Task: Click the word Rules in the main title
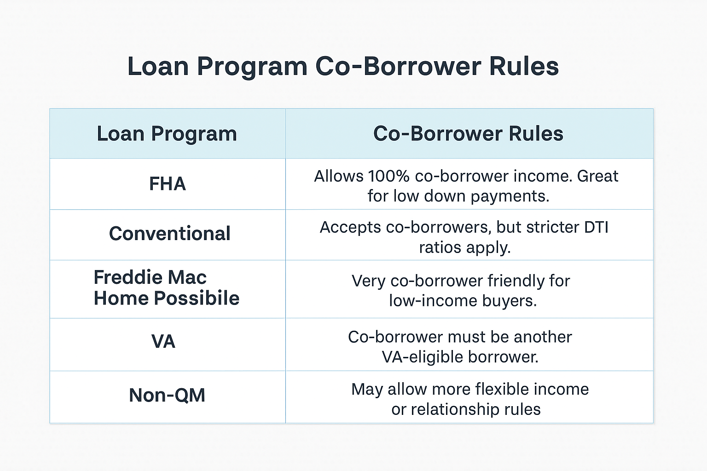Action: (524, 67)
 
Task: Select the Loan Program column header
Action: (167, 134)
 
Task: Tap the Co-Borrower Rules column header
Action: (468, 133)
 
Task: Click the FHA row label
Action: (167, 184)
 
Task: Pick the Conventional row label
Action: (169, 234)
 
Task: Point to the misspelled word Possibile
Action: (197, 298)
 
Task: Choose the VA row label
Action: (163, 341)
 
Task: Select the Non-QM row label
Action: (167, 395)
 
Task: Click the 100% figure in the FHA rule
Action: (389, 176)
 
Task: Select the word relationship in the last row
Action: (455, 409)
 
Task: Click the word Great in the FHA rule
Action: (597, 176)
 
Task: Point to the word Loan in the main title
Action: (158, 67)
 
